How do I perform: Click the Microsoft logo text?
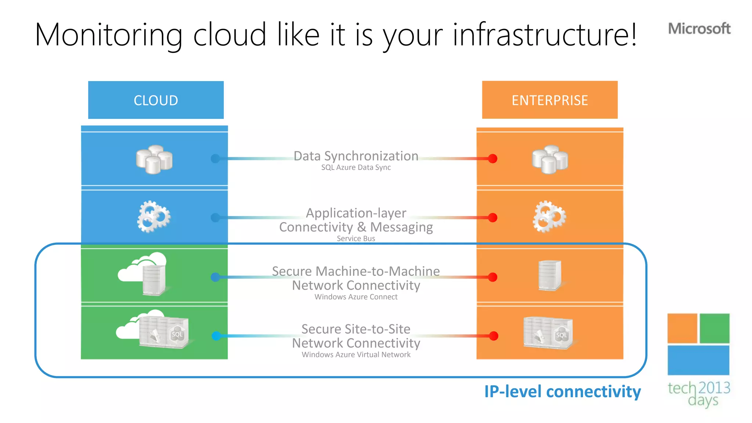(699, 29)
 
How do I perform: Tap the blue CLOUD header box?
(156, 100)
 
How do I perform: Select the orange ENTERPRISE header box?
(550, 100)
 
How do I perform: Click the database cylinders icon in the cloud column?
(154, 159)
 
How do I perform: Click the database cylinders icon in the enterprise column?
(550, 159)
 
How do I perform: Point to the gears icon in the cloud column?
(154, 216)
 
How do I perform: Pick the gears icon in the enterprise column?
(549, 216)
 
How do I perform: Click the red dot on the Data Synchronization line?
(492, 159)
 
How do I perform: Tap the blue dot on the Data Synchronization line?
(216, 159)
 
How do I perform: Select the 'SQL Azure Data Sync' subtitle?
(356, 167)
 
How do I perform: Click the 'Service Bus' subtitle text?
(356, 239)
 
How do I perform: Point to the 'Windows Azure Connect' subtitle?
(356, 297)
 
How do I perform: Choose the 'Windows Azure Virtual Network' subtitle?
(356, 355)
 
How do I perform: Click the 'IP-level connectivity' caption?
(563, 391)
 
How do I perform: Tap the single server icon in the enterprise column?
(550, 275)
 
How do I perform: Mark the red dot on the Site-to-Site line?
(493, 336)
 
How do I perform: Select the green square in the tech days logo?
(714, 328)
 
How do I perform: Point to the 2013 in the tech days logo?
(714, 388)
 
